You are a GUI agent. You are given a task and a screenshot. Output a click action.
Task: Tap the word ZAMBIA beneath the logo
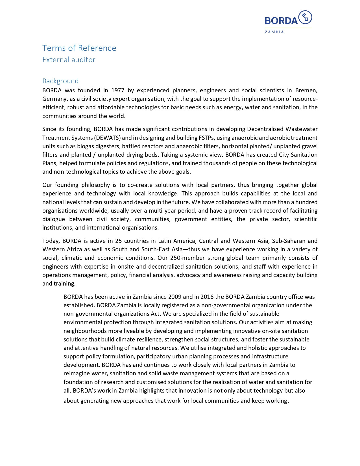[x=274, y=32]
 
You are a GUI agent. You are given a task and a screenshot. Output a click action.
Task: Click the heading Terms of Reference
[x=79, y=48]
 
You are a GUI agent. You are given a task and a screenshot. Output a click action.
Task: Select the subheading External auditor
[x=69, y=60]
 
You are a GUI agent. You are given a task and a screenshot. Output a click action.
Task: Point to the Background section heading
[x=60, y=81]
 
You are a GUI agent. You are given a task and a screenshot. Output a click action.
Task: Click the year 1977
[x=118, y=90]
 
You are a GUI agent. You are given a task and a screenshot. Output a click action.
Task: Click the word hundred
[x=307, y=202]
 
